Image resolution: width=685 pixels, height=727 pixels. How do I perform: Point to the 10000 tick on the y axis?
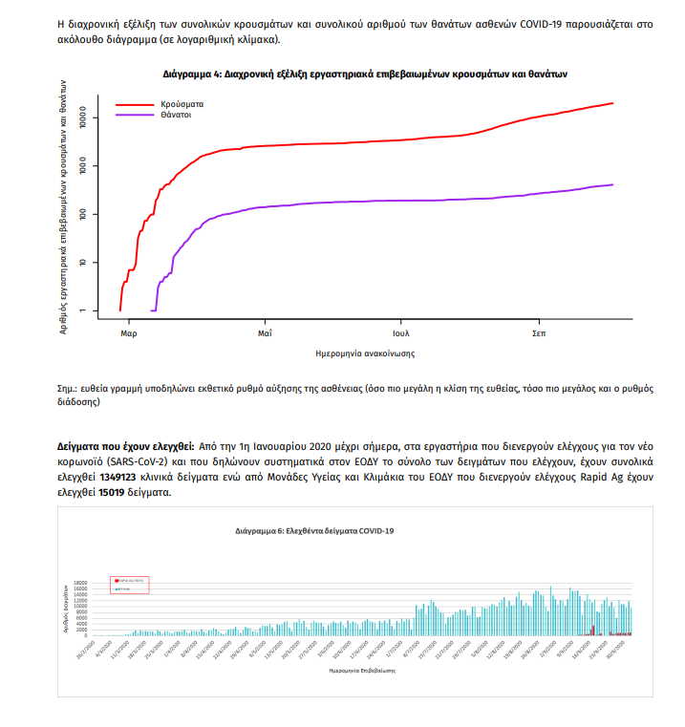click(x=83, y=119)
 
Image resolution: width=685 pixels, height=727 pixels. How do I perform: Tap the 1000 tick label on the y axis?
click(x=83, y=167)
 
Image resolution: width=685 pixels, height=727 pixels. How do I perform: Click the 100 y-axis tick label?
click(x=83, y=215)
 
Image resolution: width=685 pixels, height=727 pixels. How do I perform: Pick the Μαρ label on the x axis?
click(x=128, y=334)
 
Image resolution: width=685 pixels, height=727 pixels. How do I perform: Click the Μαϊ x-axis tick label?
click(x=265, y=334)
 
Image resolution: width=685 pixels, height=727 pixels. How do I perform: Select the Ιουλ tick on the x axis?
click(x=401, y=334)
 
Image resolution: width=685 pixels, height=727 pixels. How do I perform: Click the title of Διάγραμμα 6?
click(x=314, y=530)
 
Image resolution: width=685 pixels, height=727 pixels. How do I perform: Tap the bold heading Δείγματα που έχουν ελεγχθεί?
click(x=125, y=446)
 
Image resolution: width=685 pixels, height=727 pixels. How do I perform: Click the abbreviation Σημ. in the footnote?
click(x=67, y=391)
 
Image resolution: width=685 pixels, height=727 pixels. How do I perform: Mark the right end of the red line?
click(x=612, y=103)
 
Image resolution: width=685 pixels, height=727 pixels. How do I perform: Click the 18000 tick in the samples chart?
click(x=82, y=581)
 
